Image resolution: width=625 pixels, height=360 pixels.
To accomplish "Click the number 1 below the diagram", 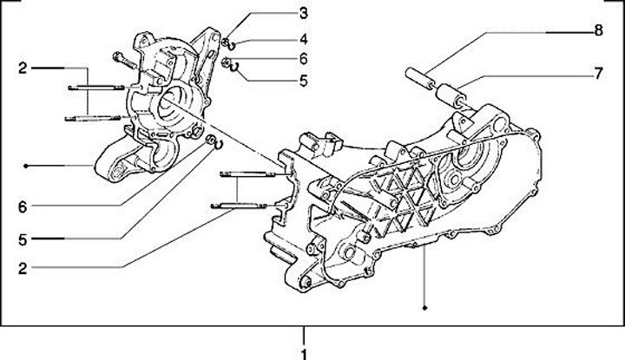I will click(304, 352).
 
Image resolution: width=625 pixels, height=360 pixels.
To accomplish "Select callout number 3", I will click(303, 12).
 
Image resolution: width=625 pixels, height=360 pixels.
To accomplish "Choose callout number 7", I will click(598, 74).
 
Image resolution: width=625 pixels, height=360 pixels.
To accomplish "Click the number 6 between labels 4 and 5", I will click(303, 59).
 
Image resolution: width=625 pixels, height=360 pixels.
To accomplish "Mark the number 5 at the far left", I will click(23, 237).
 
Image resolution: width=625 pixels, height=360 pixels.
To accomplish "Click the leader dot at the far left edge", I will click(28, 165).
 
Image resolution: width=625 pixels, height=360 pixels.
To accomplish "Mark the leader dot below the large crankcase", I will click(424, 307).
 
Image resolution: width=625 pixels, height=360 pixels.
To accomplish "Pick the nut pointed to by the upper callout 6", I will click(225, 62).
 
